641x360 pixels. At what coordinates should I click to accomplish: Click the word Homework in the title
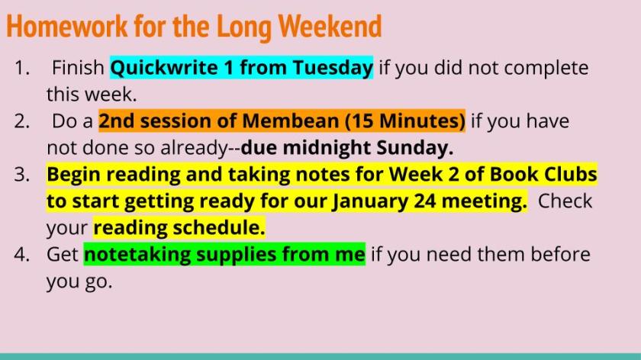[67, 27]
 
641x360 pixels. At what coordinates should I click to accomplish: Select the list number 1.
[22, 68]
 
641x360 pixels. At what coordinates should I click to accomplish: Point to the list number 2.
[22, 121]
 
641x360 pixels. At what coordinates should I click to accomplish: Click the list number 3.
[22, 175]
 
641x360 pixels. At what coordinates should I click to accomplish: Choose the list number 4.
[22, 255]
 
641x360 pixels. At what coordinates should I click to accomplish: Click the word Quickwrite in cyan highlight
[164, 68]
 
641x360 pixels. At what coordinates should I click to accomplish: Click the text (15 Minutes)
[405, 121]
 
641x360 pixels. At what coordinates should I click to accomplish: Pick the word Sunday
[415, 148]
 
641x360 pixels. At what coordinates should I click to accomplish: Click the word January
[370, 201]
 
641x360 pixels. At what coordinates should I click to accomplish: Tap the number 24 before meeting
[425, 201]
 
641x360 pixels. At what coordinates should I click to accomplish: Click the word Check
[565, 201]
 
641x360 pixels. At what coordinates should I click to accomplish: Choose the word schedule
[219, 227]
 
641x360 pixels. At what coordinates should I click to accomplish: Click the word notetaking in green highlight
[137, 255]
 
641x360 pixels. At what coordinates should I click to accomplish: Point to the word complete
[546, 68]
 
